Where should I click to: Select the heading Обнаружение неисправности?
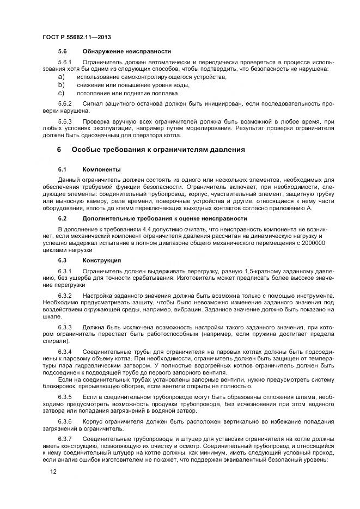(126, 51)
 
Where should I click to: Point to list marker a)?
(62, 77)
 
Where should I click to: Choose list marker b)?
(62, 85)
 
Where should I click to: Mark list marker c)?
(62, 93)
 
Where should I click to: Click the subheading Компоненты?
(101, 169)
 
